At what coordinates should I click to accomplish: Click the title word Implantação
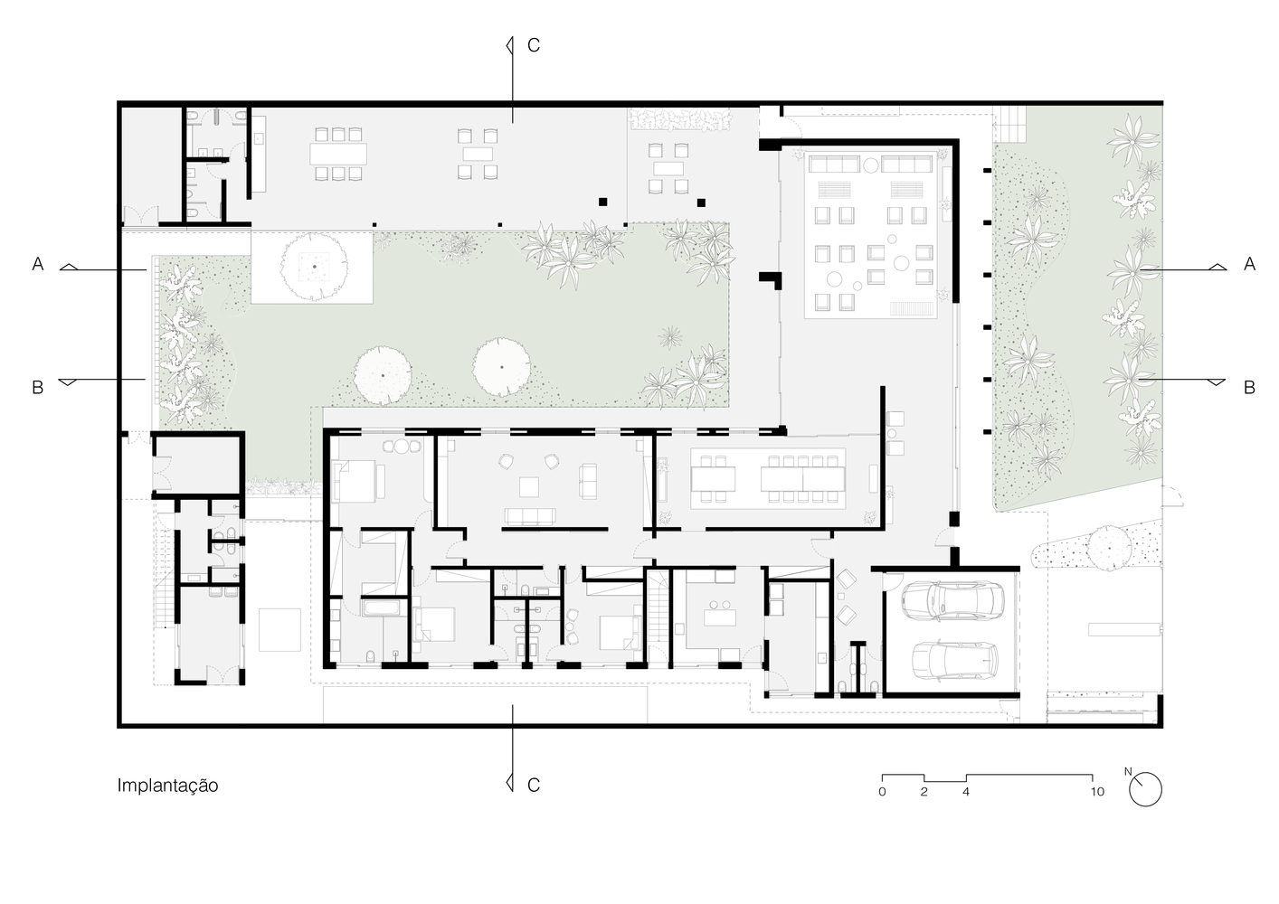tap(167, 786)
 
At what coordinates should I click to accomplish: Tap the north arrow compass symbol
tap(1146, 788)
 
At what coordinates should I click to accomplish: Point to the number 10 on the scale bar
tap(1096, 792)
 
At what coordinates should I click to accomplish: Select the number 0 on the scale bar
tap(882, 792)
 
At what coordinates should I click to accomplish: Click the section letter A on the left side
tap(38, 264)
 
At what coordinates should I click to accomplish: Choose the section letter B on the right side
tap(1249, 388)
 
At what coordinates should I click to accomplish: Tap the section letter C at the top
tap(534, 45)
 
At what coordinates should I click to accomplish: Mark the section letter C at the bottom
tap(534, 785)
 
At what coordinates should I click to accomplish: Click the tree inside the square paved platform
tap(313, 267)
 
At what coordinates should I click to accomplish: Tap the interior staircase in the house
tap(658, 617)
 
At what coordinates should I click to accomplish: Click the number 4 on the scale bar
tap(966, 792)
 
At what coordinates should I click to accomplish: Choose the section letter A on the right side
tap(1249, 264)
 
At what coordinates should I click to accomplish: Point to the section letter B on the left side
tap(38, 388)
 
